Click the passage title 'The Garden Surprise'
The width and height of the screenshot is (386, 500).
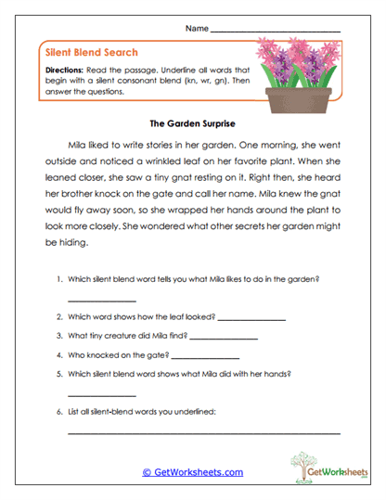tap(193, 122)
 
